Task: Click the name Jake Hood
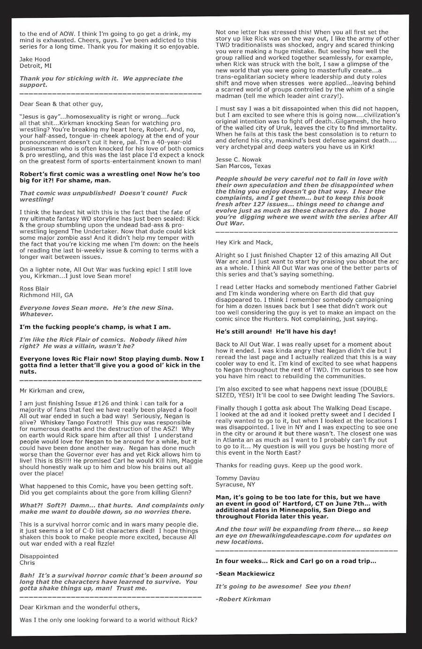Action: tap(35, 59)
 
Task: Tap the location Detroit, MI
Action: tap(36, 66)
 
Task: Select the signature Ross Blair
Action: tap(35, 288)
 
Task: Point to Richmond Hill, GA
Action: tap(46, 295)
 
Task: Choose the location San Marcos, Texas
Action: tap(243, 166)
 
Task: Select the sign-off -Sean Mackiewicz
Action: tap(245, 573)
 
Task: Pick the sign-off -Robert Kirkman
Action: tap(243, 599)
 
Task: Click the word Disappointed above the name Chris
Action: tap(39, 556)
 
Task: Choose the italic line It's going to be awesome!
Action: tap(283, 586)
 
